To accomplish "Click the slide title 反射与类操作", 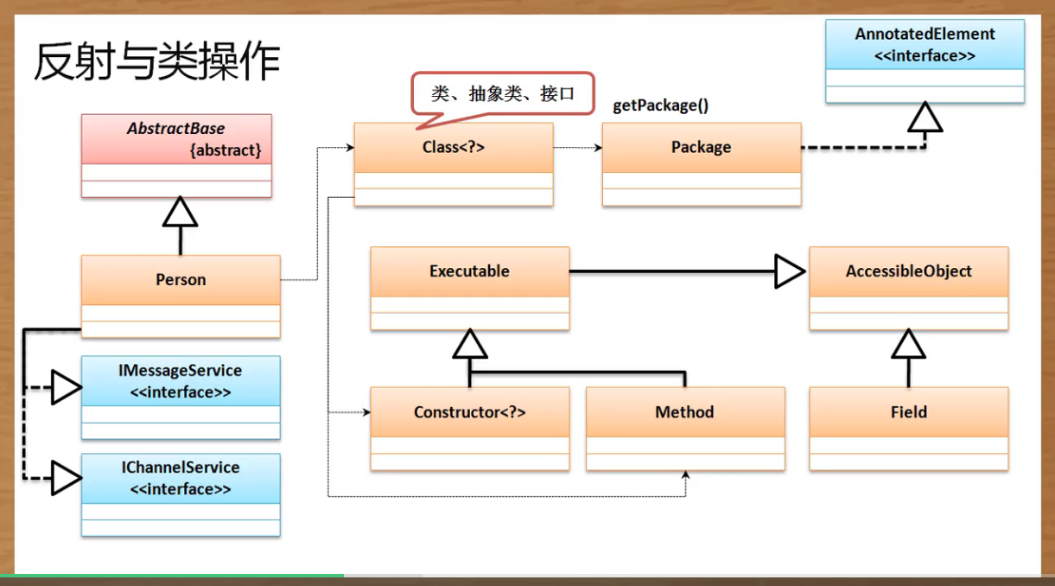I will pos(156,61).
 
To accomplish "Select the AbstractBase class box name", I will pos(175,129).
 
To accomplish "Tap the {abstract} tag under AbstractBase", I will pos(225,150).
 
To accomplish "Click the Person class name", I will pos(181,279).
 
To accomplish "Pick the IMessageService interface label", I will pos(180,371).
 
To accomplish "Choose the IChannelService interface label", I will pos(180,468).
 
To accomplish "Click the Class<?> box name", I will pos(453,147).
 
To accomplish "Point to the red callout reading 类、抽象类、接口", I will pos(502,93).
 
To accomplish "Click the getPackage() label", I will pos(660,105).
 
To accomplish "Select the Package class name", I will pos(701,147).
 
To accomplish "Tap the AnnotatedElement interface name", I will pos(925,35).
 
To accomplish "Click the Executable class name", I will pos(469,271).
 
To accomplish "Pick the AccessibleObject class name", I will pos(908,271).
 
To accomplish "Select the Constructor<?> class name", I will pos(469,411).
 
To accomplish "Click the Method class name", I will pos(684,411).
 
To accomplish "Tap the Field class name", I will pos(908,411).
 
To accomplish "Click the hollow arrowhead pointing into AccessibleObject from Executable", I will pos(788,271).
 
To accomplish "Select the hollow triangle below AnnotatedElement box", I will pos(925,118).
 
